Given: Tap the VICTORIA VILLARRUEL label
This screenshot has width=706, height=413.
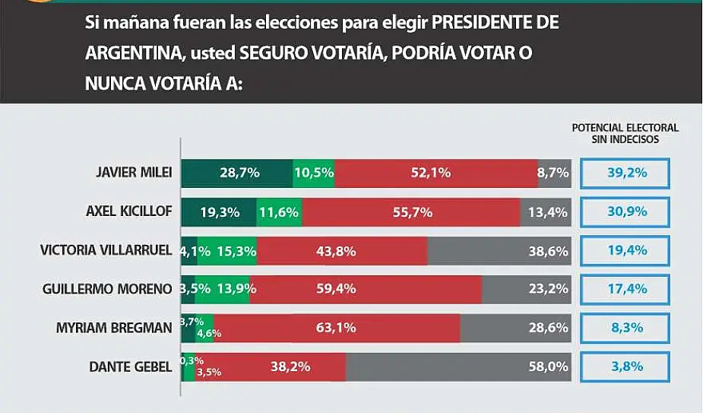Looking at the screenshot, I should [x=106, y=251].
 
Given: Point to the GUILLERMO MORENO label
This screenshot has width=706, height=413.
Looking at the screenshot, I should [x=112, y=289].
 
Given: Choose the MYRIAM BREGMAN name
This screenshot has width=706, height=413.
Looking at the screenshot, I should [x=115, y=328].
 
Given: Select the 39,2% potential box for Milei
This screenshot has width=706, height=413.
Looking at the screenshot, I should [x=625, y=173].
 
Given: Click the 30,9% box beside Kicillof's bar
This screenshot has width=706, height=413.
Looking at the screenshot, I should [x=625, y=212].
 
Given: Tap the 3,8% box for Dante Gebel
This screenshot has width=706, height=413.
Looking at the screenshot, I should [x=625, y=367].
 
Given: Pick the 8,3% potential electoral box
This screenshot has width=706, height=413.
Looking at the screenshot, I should [x=625, y=328].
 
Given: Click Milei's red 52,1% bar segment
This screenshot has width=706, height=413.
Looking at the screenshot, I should [x=435, y=173].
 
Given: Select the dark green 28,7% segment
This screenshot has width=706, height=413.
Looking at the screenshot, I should [x=236, y=173].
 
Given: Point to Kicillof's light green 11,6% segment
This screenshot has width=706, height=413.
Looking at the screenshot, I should [x=279, y=212].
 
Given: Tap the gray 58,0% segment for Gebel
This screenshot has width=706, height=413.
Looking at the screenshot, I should [x=458, y=367].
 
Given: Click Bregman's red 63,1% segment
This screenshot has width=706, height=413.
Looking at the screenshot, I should [x=337, y=328].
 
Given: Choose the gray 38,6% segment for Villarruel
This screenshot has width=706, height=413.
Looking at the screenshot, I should [x=499, y=251].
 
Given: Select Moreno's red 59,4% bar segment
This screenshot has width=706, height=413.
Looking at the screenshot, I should [x=366, y=289].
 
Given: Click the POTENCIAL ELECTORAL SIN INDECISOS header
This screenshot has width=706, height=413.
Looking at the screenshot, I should [x=625, y=133].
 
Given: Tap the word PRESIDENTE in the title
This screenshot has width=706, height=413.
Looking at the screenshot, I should [x=484, y=22].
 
